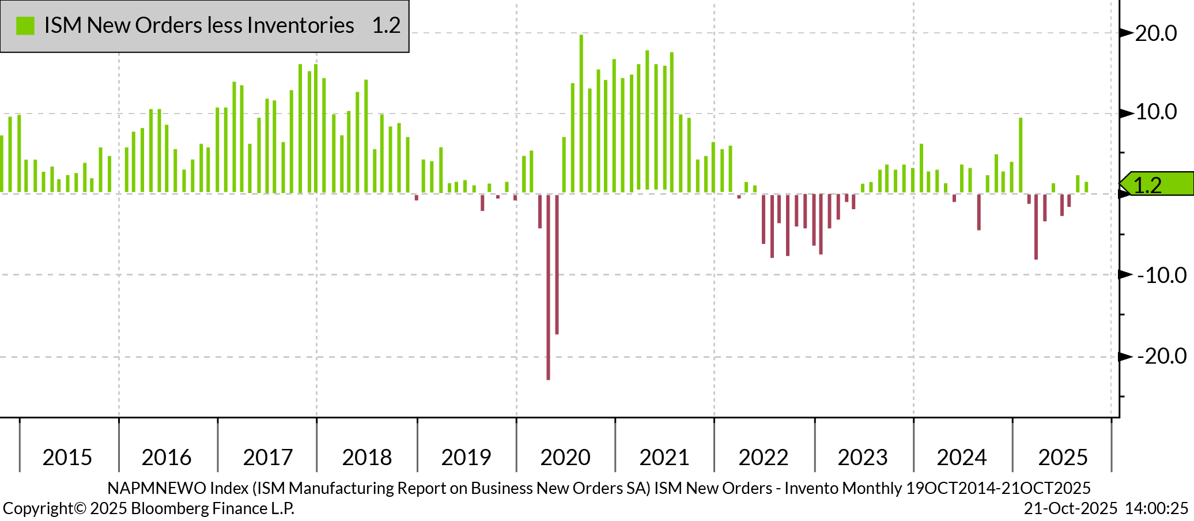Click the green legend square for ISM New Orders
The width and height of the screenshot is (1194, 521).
point(25,25)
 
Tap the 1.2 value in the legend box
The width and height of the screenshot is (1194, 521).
point(386,25)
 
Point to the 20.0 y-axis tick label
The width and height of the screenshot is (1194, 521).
point(1156,33)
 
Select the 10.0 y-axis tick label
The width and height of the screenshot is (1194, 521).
point(1156,112)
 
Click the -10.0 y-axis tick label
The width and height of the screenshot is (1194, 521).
point(1162,275)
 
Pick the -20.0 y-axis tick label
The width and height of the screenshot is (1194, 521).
point(1162,356)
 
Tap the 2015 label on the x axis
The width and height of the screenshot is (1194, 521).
point(67,457)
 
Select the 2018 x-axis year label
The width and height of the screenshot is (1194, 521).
point(367,457)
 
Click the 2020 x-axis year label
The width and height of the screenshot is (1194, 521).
point(565,457)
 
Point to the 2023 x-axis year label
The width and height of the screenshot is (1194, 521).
point(863,457)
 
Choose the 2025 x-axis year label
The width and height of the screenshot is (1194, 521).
point(1063,457)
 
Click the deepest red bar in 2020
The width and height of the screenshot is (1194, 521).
point(548,288)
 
